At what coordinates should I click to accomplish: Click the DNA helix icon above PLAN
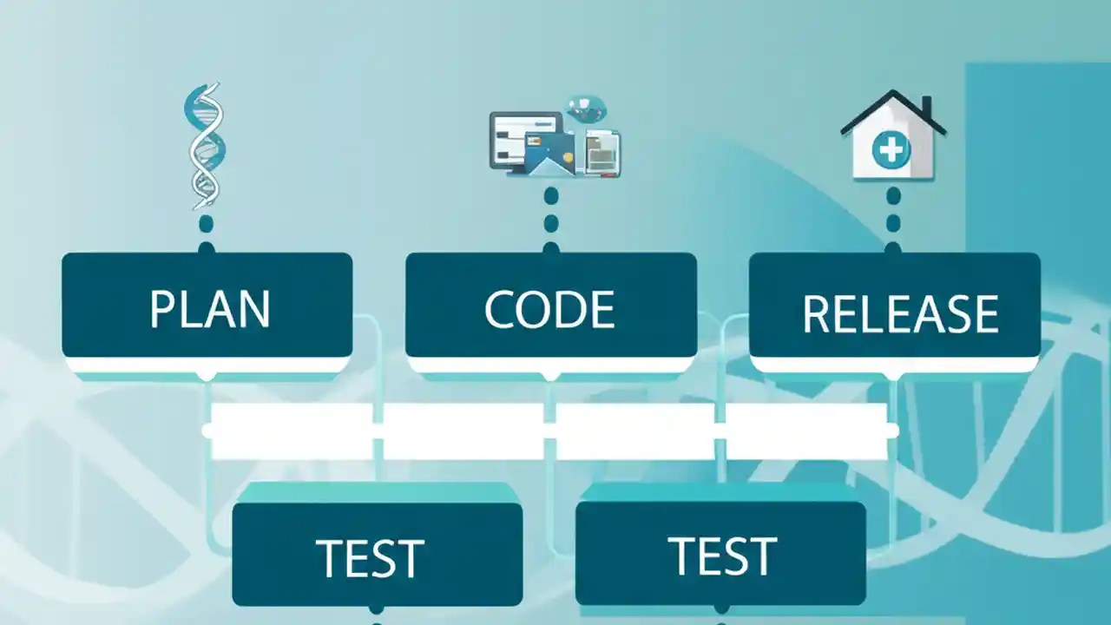click(205, 145)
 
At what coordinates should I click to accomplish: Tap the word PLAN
click(209, 309)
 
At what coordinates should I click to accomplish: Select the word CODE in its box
click(549, 309)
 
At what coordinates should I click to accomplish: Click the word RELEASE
click(900, 314)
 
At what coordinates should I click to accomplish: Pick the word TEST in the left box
click(370, 558)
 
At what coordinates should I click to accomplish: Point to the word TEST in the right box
click(721, 556)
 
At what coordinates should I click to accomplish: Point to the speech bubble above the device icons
click(586, 109)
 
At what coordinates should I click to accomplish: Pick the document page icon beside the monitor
click(603, 152)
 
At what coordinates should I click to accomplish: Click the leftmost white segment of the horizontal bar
click(292, 431)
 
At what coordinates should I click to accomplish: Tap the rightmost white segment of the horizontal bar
click(806, 431)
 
